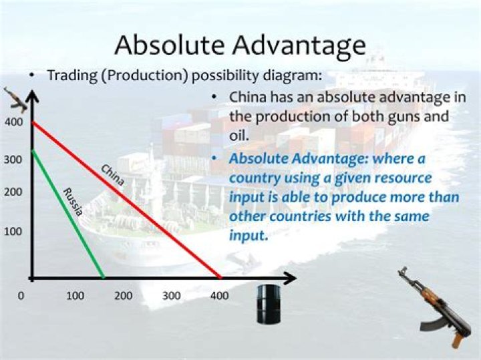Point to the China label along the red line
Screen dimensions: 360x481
point(112,174)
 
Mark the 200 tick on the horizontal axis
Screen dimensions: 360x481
point(123,295)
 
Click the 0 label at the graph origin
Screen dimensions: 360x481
point(21,295)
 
